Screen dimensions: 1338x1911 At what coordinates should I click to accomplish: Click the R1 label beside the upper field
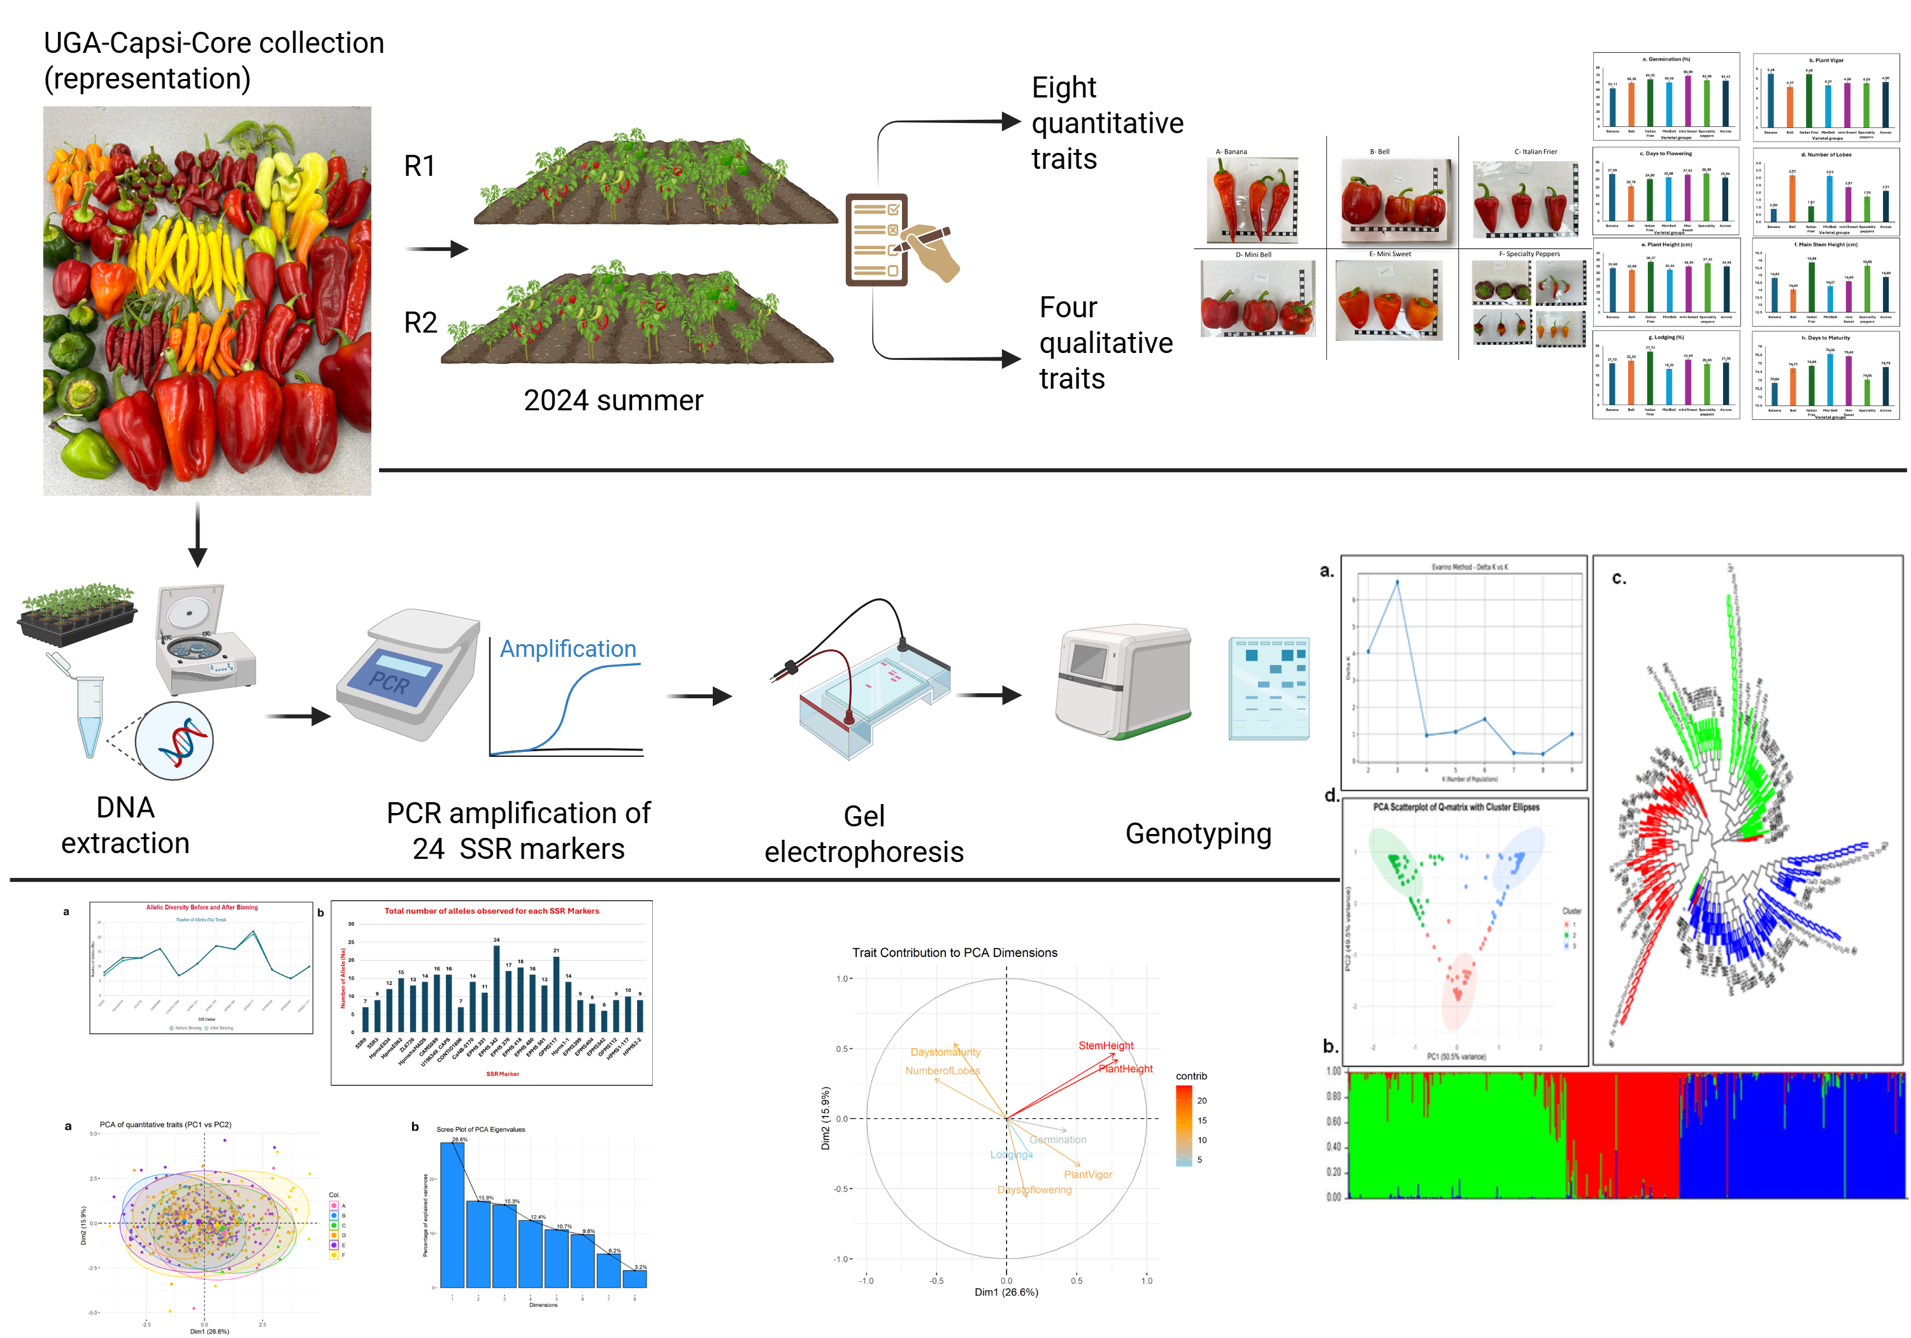coord(420,166)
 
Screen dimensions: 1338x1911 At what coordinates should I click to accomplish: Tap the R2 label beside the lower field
coord(420,323)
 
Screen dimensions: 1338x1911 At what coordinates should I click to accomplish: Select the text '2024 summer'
coord(613,401)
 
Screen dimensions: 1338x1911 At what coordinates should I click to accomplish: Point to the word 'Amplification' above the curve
coord(568,649)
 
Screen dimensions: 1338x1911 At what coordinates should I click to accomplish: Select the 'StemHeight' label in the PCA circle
coord(1105,1046)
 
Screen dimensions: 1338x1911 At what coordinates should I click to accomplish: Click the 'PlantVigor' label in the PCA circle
coord(1088,1175)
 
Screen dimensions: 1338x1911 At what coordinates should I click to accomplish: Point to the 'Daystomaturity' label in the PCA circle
coord(945,1053)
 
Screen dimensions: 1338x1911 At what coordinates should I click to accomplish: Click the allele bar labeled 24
coord(497,988)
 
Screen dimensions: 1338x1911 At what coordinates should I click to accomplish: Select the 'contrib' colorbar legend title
coord(1191,1077)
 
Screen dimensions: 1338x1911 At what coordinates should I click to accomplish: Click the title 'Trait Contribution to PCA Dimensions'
coord(955,953)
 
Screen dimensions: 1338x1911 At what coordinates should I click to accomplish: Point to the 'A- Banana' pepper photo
coord(1252,201)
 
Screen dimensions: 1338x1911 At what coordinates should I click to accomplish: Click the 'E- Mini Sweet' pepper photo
coord(1387,301)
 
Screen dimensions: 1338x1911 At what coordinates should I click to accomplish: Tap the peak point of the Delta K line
coord(1397,581)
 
